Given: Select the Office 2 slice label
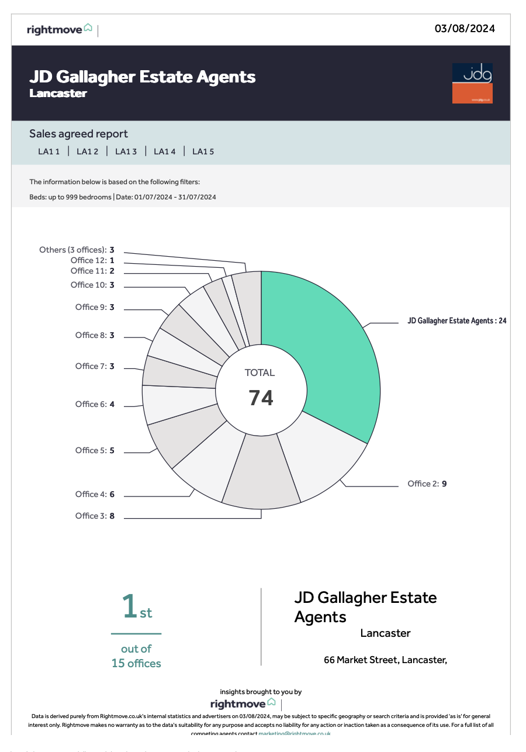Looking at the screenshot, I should point(427,484).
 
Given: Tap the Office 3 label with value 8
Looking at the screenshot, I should point(95,516).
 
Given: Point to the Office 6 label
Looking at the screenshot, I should point(95,404).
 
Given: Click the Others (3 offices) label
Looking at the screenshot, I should point(77,250).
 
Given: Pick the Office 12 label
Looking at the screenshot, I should point(92,260).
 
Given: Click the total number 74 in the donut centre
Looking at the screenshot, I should point(261,398).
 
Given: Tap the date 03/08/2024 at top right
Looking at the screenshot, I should point(465,28).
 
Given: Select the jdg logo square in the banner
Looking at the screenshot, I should point(472,83).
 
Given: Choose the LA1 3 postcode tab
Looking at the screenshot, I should point(126,151).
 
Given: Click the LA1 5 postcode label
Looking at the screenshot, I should point(203,151).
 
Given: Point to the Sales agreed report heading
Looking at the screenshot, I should point(78,134).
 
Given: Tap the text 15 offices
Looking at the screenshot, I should point(136,663).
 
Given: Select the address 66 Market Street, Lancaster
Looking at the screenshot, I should point(385,660).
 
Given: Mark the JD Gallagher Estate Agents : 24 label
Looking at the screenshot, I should point(456,321).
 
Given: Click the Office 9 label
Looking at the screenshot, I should point(95,307).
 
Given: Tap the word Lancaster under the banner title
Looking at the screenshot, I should point(58,94).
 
